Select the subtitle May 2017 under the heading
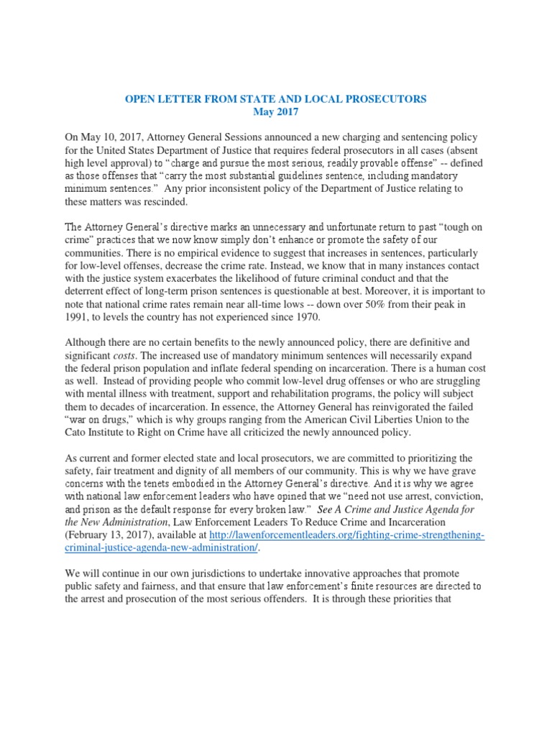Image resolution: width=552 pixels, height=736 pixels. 276,111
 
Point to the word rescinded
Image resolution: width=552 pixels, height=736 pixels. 152,202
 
